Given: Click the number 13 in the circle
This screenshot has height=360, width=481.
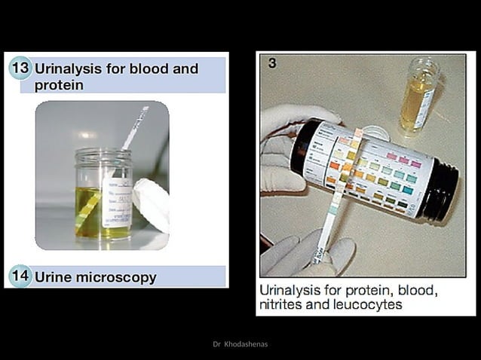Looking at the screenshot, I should (20, 69).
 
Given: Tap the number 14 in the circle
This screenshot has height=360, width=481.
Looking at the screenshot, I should (20, 276).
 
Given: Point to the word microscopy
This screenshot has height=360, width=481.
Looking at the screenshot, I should (117, 277).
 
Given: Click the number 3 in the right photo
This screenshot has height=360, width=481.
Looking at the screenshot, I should (272, 64).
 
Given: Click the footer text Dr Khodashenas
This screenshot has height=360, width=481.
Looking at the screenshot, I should (240, 344).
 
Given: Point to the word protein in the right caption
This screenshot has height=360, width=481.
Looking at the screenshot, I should (357, 289).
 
